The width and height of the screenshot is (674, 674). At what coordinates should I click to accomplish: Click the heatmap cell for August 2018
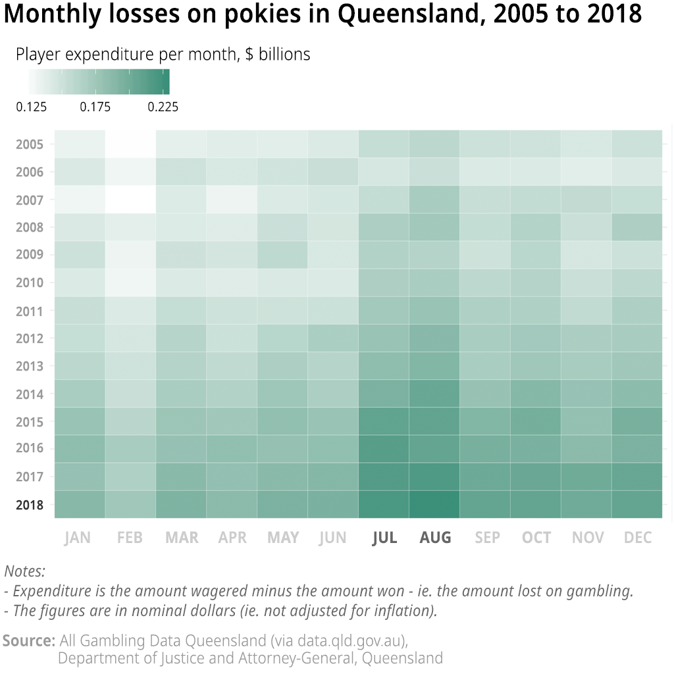pos(434,504)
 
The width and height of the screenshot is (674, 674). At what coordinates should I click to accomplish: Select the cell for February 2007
pos(130,199)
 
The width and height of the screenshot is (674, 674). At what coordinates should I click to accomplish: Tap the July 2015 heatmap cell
pos(384,421)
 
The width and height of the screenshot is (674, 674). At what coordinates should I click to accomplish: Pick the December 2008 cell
pos(637,227)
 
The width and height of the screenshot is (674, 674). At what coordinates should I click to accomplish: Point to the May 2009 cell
pos(282,255)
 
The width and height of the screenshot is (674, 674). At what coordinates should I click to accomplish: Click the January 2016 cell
pos(80,449)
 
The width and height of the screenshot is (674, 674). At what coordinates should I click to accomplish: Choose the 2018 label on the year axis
pos(30,505)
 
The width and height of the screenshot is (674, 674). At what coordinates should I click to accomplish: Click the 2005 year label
pos(30,144)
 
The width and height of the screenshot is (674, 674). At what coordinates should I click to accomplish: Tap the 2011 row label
pos(30,311)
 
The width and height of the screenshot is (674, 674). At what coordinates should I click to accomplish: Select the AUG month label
pos(435,538)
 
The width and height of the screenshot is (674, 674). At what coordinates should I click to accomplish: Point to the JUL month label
pos(384,538)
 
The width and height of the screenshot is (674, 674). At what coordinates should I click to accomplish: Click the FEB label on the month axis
pos(130,538)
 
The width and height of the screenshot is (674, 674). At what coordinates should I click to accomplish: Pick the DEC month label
pos(638,538)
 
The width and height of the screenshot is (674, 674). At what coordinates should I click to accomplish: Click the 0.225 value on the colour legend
pos(163,107)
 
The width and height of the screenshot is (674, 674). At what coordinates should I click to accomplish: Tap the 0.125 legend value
pos(31,107)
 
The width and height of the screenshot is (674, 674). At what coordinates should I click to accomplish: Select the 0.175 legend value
pos(95,107)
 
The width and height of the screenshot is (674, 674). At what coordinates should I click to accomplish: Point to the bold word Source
pos(28,640)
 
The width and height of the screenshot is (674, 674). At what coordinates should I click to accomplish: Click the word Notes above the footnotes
pos(25,571)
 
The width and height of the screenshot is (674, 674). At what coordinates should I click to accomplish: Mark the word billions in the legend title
pos(284,54)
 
